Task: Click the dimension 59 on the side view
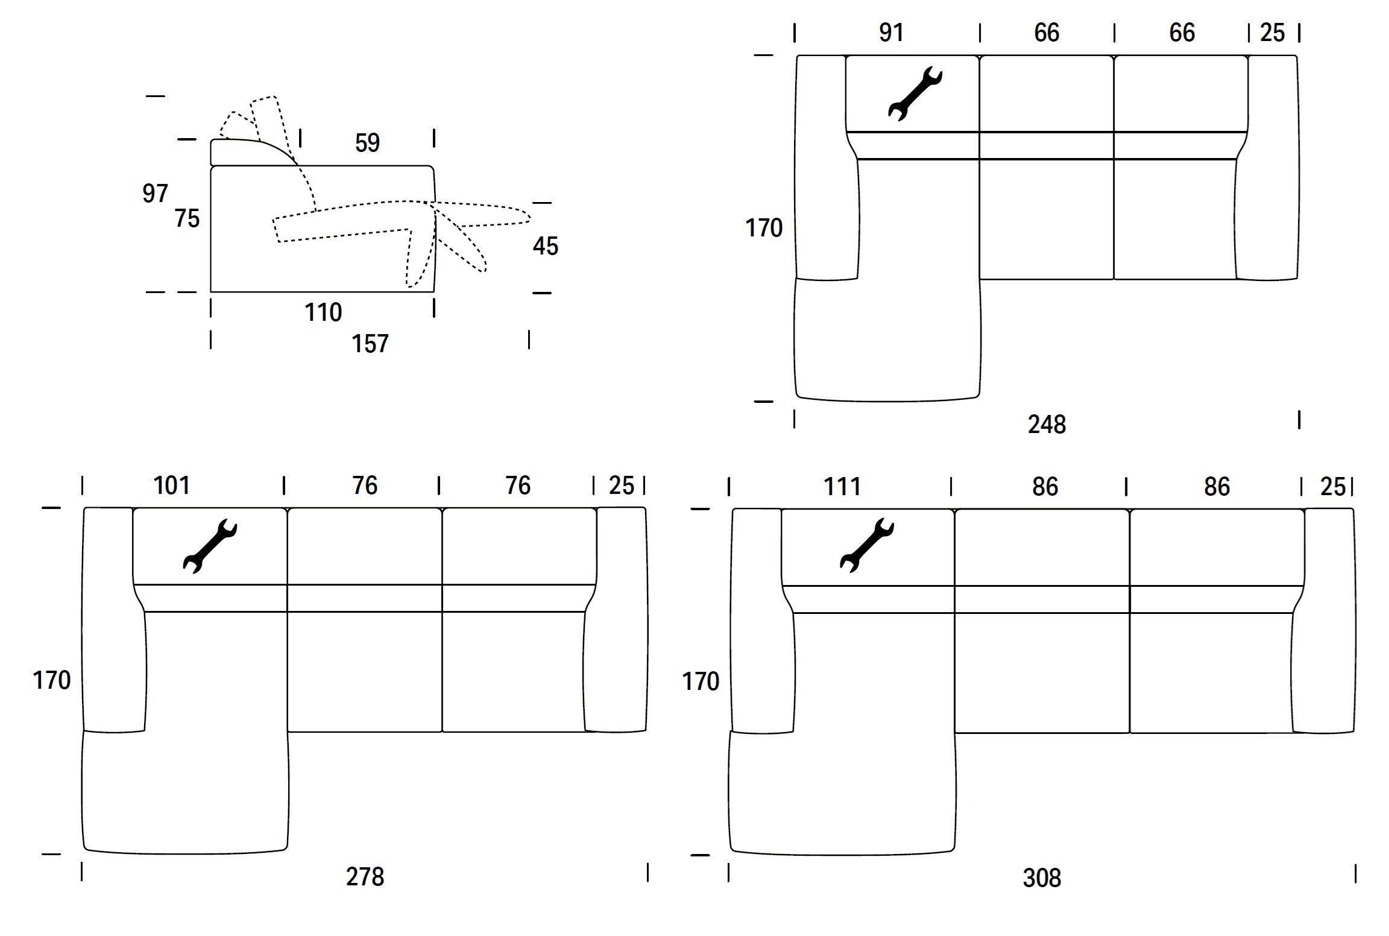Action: click(x=367, y=144)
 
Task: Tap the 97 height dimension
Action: click(x=155, y=194)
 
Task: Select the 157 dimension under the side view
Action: click(x=370, y=344)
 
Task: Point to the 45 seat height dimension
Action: click(x=546, y=246)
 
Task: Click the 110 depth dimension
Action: click(x=323, y=312)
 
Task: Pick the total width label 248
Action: click(x=1047, y=425)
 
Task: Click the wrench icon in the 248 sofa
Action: click(x=915, y=93)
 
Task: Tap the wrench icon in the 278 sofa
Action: click(x=210, y=545)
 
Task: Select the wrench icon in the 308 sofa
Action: click(x=866, y=545)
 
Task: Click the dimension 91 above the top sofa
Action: click(x=891, y=33)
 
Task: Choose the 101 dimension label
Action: click(x=172, y=485)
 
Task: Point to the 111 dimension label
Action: click(x=842, y=487)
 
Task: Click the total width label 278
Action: click(x=365, y=877)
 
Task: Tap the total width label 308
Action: click(x=1042, y=878)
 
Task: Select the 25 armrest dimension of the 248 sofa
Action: click(x=1272, y=33)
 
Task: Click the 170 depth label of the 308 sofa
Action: click(x=701, y=681)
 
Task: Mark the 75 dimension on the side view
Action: click(x=187, y=218)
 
